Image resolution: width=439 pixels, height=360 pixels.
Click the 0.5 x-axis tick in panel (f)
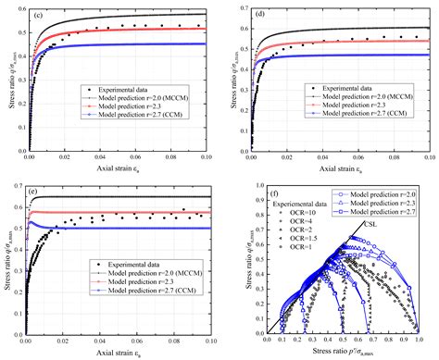[x=333, y=338]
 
